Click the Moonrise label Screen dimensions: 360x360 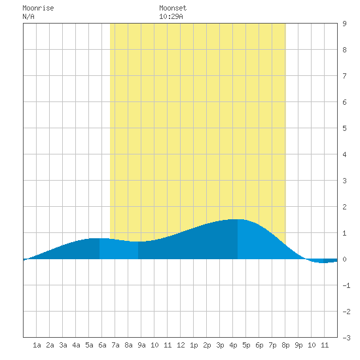(x=38, y=8)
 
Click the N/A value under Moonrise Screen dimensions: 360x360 (x=28, y=16)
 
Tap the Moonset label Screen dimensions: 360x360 (x=173, y=8)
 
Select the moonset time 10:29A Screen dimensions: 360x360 (x=171, y=16)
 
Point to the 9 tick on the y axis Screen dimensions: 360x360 (x=344, y=24)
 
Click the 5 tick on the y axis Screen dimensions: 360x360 (x=344, y=128)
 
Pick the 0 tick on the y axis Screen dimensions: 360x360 (x=344, y=259)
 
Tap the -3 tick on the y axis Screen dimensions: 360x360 (x=346, y=338)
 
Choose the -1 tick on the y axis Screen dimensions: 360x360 (x=346, y=285)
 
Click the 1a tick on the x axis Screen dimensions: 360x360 (x=37, y=345)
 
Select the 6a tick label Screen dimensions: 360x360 (x=102, y=345)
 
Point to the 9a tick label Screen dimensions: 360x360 (x=141, y=345)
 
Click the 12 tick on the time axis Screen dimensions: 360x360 (x=181, y=345)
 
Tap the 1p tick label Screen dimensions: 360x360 (x=194, y=345)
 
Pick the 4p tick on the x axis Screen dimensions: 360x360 (x=233, y=345)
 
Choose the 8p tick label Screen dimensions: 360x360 (x=285, y=345)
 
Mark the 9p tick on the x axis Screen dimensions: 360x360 (x=298, y=345)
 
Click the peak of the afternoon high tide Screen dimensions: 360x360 (x=238, y=219)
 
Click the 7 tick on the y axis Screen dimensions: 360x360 (x=344, y=76)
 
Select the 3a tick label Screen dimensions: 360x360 (x=63, y=345)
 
